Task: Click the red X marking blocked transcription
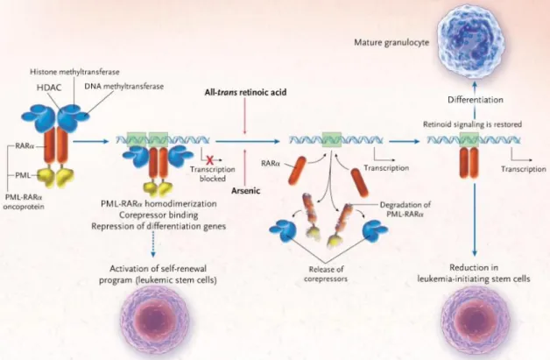210,160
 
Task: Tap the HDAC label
49,88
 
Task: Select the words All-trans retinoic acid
245,92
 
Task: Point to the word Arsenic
246,191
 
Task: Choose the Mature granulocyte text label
391,42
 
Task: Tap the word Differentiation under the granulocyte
476,100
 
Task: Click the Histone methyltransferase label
74,72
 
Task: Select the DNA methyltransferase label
123,86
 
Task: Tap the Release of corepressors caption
326,274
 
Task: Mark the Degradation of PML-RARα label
405,209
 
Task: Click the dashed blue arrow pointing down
153,246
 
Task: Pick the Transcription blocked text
213,173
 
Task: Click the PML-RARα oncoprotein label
24,202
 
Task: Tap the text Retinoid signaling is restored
472,124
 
